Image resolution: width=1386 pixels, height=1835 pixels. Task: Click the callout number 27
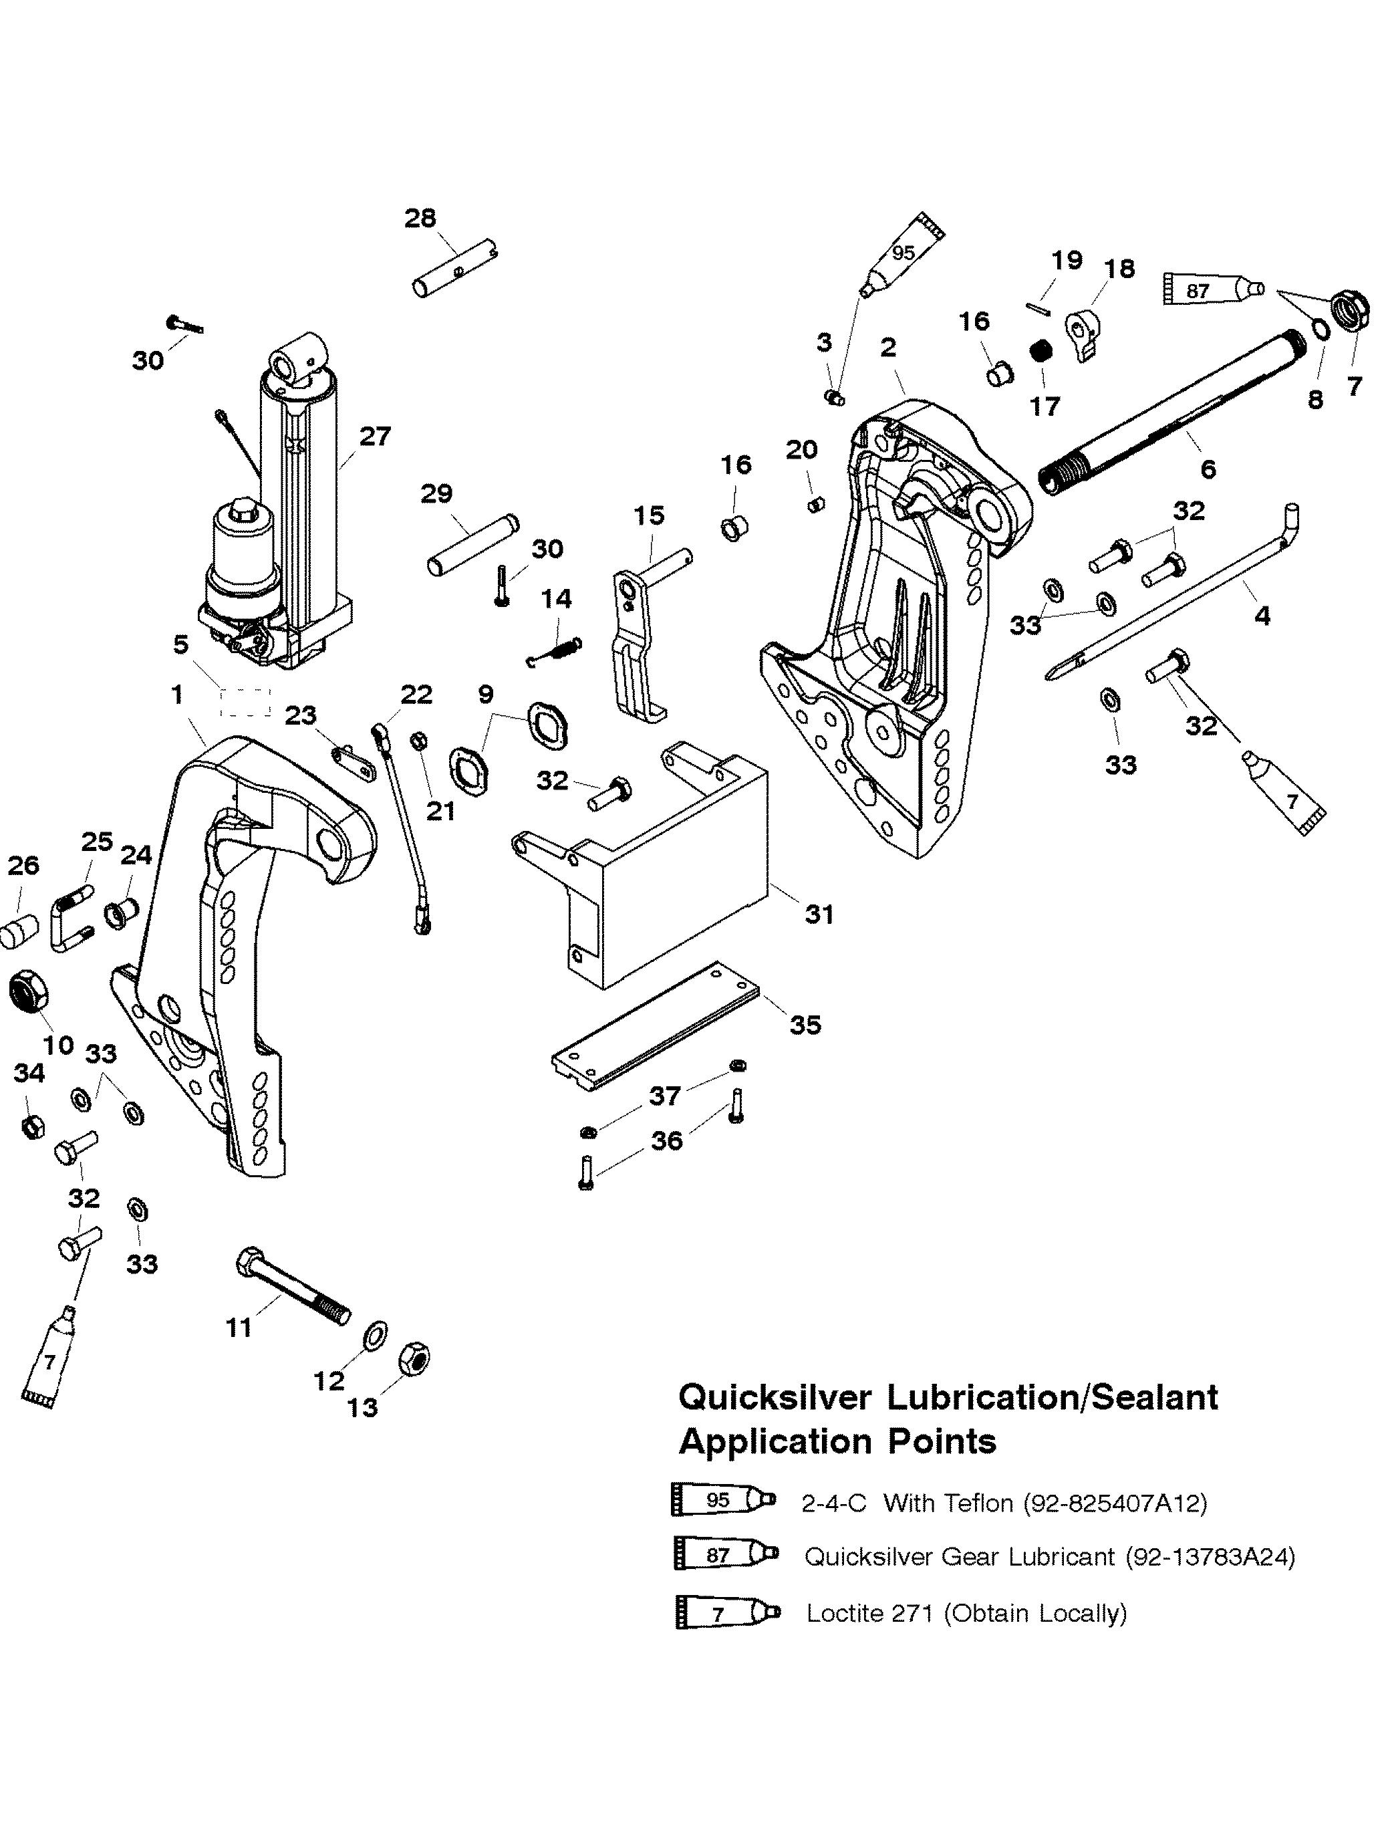375,437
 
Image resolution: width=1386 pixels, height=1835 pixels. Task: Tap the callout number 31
819,914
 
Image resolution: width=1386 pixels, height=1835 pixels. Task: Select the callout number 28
420,218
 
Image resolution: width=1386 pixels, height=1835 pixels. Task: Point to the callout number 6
1208,469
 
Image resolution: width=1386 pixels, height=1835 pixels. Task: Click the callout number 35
805,1025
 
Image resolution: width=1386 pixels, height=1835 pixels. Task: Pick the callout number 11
239,1328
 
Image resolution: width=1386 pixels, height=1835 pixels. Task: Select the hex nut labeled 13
414,1359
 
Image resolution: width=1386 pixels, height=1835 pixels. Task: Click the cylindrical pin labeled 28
455,268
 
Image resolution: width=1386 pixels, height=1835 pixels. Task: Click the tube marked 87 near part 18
1213,289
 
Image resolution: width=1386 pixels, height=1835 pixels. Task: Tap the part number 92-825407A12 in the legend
1115,1503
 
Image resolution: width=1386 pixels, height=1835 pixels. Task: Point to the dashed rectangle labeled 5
245,702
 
